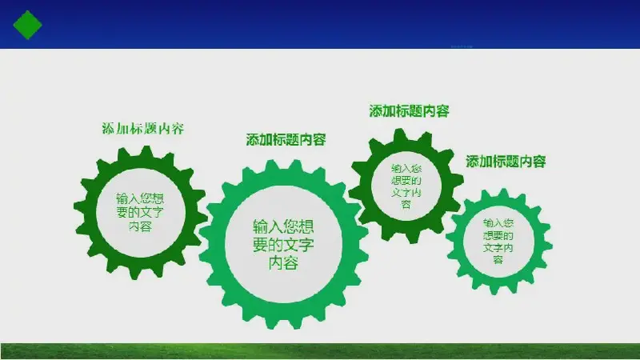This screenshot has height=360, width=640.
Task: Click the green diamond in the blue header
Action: (27, 25)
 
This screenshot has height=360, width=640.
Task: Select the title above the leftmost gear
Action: (143, 129)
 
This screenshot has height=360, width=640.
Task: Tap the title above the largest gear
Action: (286, 139)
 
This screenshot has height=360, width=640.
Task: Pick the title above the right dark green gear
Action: (409, 111)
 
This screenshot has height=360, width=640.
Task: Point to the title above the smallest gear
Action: (506, 162)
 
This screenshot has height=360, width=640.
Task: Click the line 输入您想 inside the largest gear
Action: (283, 226)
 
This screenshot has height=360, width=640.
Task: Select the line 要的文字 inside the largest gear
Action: (283, 245)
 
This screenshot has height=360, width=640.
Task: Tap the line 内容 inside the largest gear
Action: (283, 263)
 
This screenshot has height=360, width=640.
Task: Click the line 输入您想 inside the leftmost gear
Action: (140, 198)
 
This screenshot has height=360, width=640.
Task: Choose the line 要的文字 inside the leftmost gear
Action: (140, 212)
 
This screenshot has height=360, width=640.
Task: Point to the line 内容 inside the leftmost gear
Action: (140, 226)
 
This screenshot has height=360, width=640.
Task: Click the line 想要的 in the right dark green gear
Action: (406, 181)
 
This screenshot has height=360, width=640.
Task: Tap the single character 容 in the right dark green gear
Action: (406, 204)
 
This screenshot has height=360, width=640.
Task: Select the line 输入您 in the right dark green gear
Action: (406, 169)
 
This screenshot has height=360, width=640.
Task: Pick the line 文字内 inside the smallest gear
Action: (498, 248)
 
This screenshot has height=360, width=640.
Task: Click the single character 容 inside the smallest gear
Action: (498, 259)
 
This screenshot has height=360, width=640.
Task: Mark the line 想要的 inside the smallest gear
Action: (498, 235)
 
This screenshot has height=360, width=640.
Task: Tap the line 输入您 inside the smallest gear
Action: (498, 223)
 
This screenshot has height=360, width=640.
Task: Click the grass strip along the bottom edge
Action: (320, 351)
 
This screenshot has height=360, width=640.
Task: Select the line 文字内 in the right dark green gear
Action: (406, 192)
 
